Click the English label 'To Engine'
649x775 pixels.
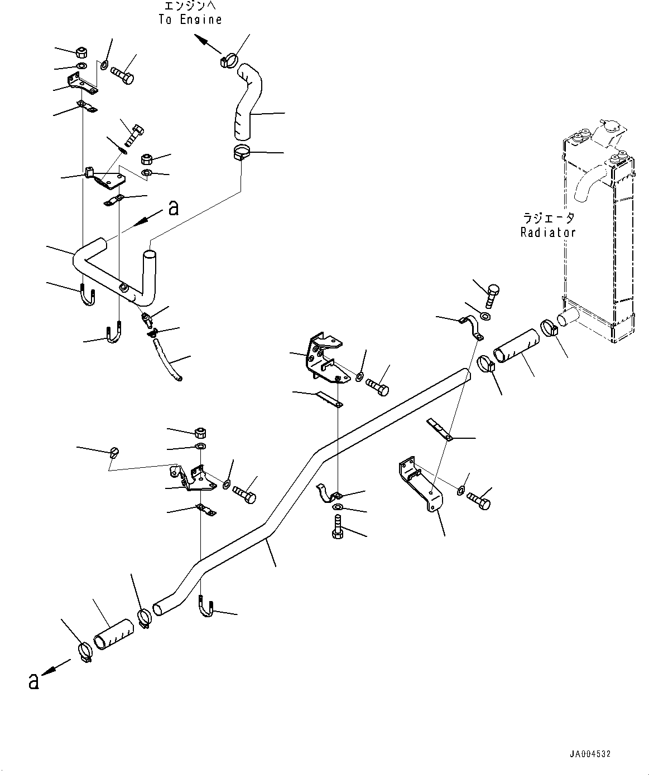tap(190, 20)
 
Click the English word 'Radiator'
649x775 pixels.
tap(548, 232)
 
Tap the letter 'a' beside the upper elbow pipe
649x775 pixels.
tap(174, 208)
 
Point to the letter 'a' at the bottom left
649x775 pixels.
tap(34, 681)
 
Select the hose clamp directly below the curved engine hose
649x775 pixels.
tap(242, 152)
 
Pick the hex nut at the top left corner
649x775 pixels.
tap(80, 53)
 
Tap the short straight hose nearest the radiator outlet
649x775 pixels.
tap(516, 346)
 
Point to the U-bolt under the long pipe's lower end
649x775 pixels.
tap(206, 611)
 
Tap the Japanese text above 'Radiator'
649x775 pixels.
tap(549, 217)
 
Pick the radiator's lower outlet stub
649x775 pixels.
tap(568, 319)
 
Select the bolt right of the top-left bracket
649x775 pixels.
tap(122, 75)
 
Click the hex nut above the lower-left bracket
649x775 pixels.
tap(200, 433)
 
